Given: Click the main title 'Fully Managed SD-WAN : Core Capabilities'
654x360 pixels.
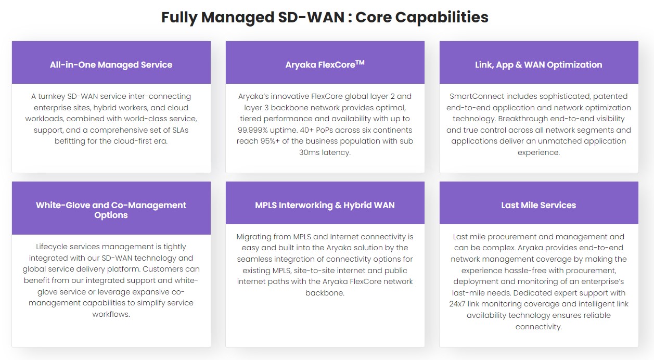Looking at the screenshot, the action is (325, 17).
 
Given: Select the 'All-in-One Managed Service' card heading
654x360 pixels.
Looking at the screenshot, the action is (111, 65).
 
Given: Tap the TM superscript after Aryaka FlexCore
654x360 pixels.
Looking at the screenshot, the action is (360, 62).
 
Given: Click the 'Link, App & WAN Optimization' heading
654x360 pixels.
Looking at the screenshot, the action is (538, 65).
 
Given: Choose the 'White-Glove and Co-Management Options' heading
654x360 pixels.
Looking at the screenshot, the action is (111, 210).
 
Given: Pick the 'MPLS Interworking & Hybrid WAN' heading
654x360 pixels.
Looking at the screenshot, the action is (325, 205).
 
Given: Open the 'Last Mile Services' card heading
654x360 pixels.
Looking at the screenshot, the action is (538, 205).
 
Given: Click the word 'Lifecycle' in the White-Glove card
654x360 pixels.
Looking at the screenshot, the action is (53, 247).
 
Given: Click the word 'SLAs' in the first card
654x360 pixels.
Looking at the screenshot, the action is (179, 130).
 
